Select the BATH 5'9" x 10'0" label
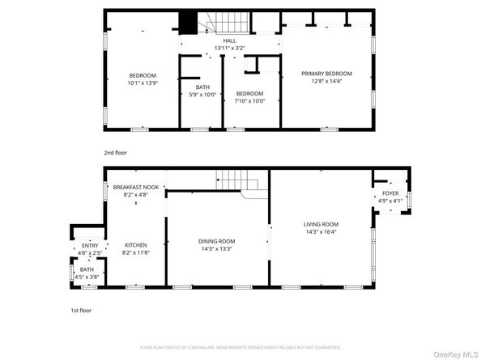coord(202,87)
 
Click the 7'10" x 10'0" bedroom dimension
coord(249,101)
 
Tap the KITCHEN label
coord(135,245)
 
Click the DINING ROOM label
coord(216,241)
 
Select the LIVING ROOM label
coord(321,224)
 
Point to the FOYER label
coord(390,194)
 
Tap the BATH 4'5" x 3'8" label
coord(87,269)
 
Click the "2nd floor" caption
coord(115,152)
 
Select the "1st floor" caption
coord(80,310)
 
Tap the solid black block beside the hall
coord(189,23)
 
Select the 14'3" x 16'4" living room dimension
coord(321,231)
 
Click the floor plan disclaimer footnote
coord(240,347)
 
